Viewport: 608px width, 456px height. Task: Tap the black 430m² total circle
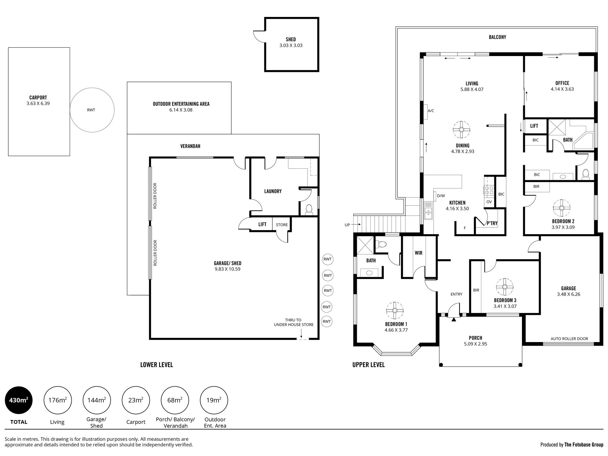[19, 400]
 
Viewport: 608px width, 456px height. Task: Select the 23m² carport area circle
[136, 400]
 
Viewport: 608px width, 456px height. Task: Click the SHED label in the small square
[291, 39]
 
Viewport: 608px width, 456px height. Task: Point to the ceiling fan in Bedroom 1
[395, 310]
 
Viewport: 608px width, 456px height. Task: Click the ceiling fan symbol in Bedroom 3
[505, 286]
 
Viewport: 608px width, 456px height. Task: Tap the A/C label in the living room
[431, 111]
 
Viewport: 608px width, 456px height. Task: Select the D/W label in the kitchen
[441, 196]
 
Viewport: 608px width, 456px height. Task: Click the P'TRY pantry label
[492, 223]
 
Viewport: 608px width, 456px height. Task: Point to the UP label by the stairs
[347, 225]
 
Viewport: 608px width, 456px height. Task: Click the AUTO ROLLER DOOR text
[569, 339]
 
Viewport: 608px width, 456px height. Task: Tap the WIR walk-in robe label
[419, 253]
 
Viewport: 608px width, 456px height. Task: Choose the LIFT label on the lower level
[262, 224]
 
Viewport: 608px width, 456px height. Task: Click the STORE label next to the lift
[282, 225]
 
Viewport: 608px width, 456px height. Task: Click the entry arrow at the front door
[453, 319]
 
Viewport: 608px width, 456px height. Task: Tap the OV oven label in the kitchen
[489, 202]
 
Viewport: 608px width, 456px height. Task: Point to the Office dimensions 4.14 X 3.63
[562, 89]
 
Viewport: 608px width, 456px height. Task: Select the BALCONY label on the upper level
[497, 37]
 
